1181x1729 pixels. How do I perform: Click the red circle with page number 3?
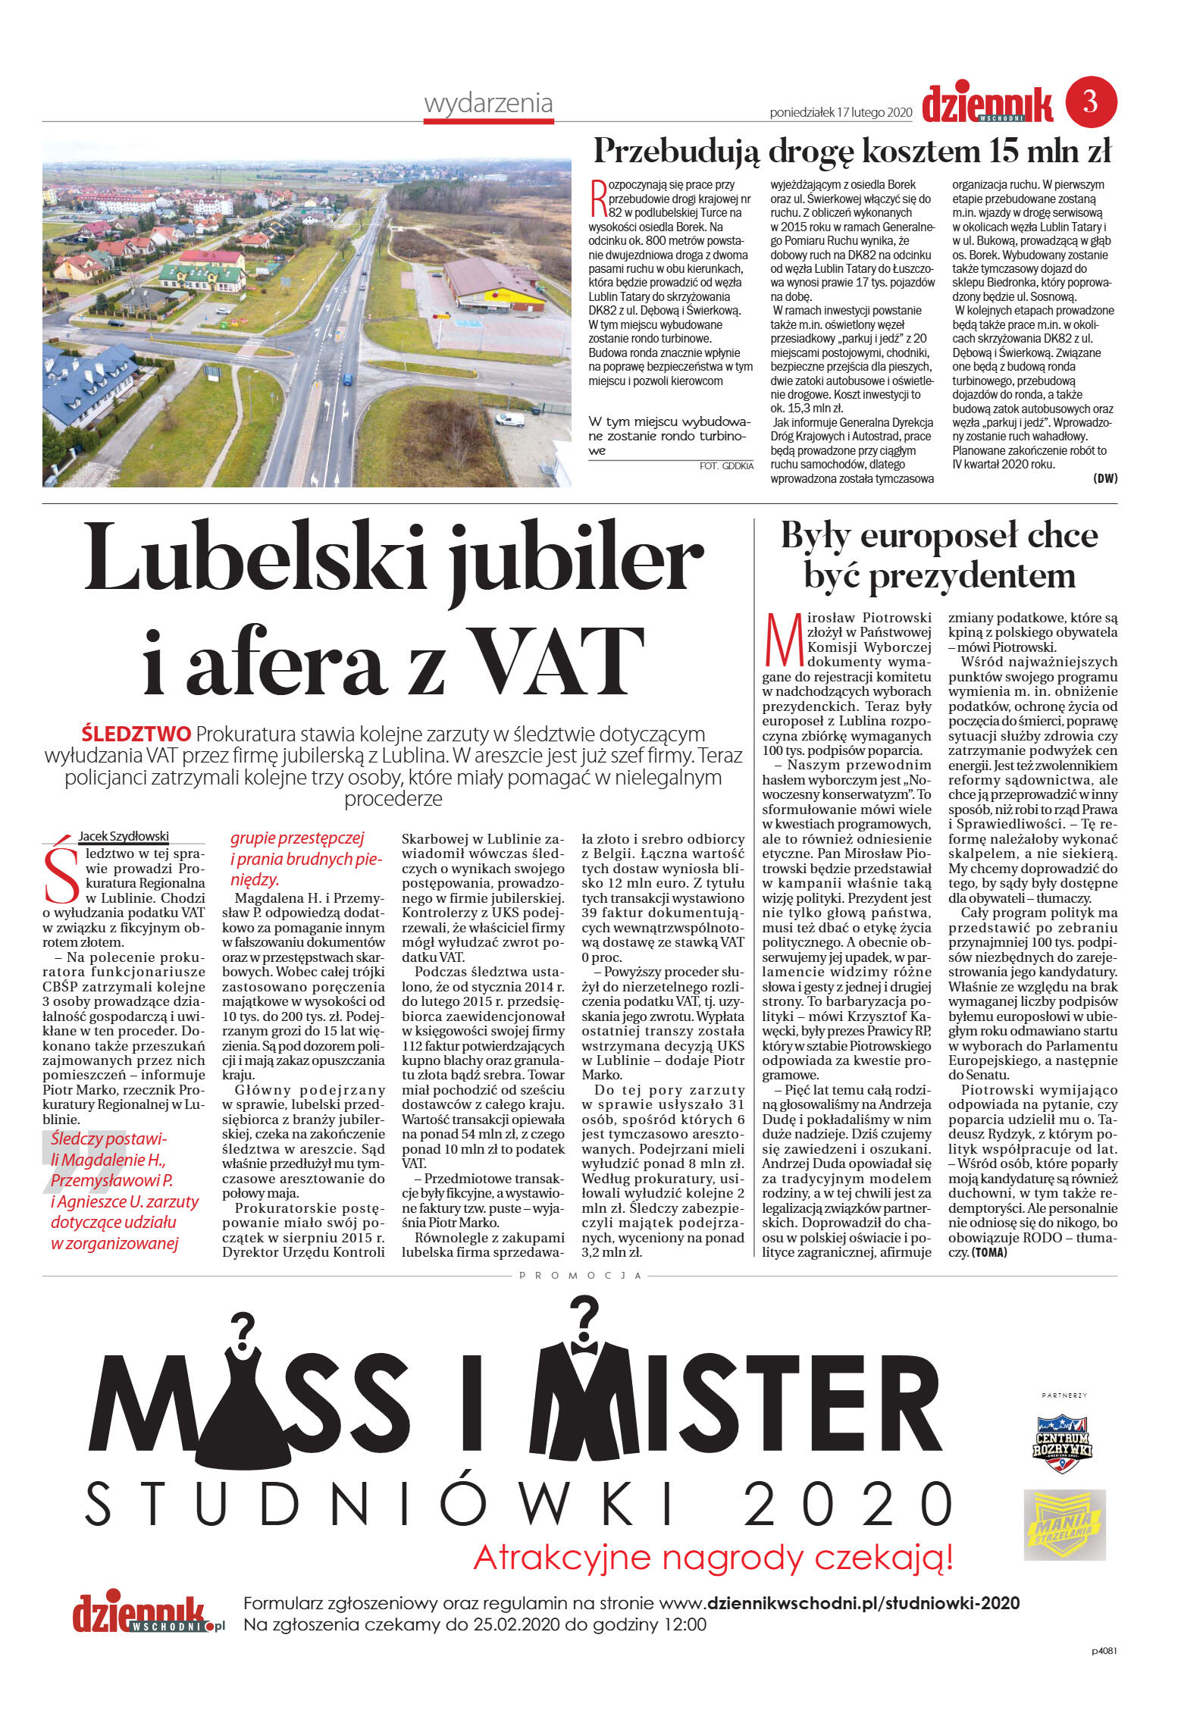click(1091, 101)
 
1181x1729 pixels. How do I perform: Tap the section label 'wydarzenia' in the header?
click(488, 103)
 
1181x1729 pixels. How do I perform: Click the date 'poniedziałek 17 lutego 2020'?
click(840, 113)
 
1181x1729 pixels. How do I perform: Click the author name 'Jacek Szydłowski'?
click(124, 836)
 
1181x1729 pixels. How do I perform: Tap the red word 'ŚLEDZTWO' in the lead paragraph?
click(136, 734)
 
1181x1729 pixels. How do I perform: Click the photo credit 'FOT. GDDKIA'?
click(725, 466)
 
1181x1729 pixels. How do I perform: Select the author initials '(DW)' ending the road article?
click(1104, 478)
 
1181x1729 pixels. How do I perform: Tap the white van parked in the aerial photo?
click(509, 418)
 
